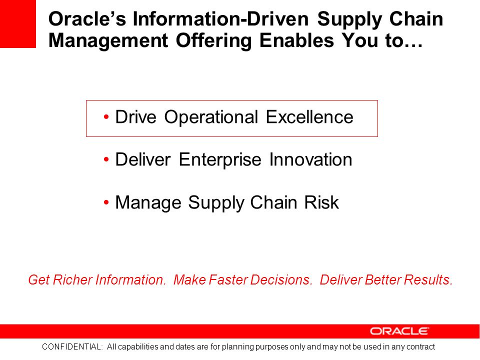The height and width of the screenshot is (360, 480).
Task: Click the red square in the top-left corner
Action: pyautogui.click(x=18, y=23)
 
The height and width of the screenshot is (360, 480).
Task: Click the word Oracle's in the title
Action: pyautogui.click(x=87, y=19)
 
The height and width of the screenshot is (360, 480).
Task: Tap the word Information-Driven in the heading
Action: pyautogui.click(x=220, y=19)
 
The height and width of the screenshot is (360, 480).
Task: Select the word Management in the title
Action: pyautogui.click(x=108, y=40)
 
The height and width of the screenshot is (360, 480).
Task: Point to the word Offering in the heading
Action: pyautogui.click(x=213, y=40)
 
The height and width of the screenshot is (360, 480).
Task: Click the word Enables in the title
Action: pyautogui.click(x=296, y=40)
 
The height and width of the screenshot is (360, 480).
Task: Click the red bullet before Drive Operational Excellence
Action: pyautogui.click(x=106, y=116)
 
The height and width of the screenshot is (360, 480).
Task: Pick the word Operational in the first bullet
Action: pyautogui.click(x=211, y=117)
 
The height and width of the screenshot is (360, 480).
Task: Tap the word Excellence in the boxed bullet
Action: pyautogui.click(x=309, y=117)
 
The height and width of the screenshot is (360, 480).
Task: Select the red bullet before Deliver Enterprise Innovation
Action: pyautogui.click(x=106, y=159)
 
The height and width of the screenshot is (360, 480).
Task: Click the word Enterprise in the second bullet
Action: pyautogui.click(x=220, y=160)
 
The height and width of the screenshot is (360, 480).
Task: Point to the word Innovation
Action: pyautogui.click(x=310, y=159)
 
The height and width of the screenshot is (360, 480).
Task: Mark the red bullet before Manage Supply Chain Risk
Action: pyautogui.click(x=106, y=202)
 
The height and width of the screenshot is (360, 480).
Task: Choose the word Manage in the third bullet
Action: pyautogui.click(x=148, y=202)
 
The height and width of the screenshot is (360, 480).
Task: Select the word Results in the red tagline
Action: pyautogui.click(x=428, y=279)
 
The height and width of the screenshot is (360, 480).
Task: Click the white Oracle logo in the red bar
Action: pyautogui.click(x=399, y=331)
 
